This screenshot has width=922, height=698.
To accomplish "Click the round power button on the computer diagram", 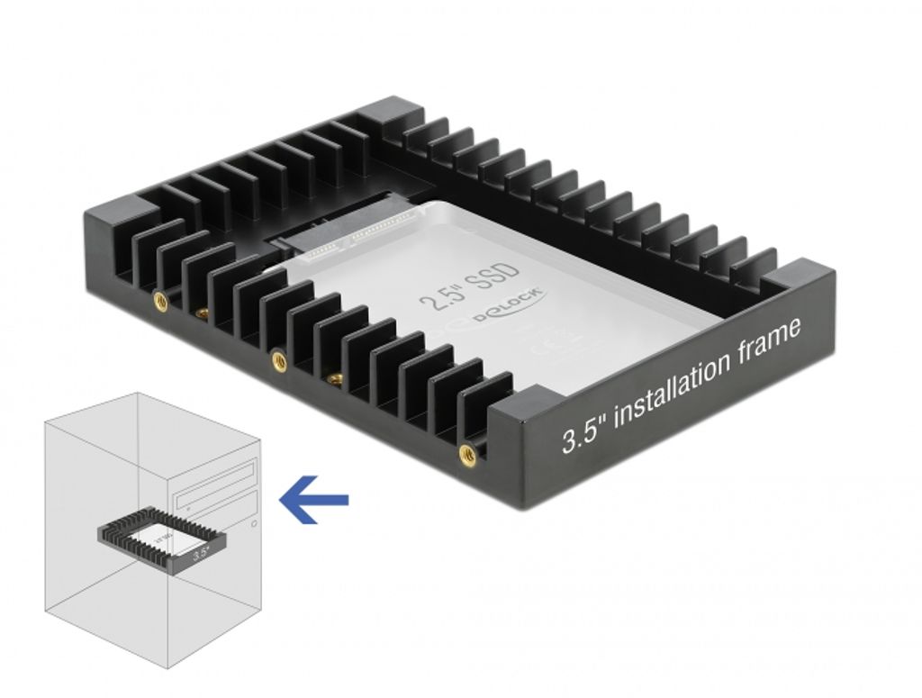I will click(255, 522).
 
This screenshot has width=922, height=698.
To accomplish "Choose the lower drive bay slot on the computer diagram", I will click(217, 503).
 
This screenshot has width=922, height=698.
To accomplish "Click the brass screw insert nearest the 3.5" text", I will click(467, 453).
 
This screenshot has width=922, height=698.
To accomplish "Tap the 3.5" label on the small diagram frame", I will click(201, 555).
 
